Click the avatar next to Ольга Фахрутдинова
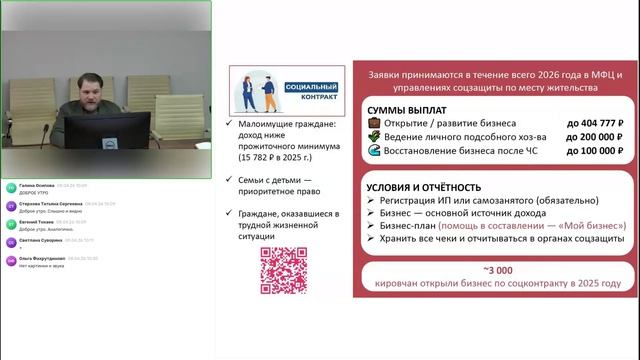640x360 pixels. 10,262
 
